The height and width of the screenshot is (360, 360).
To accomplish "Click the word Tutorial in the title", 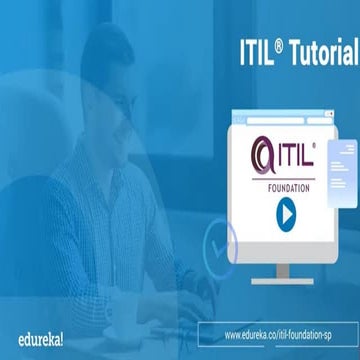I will (x=317, y=50).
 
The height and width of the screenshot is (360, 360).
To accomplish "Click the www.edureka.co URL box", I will (x=289, y=333).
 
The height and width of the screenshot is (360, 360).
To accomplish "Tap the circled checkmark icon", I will (x=218, y=239).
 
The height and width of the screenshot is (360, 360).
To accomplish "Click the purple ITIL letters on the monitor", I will (x=294, y=156).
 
